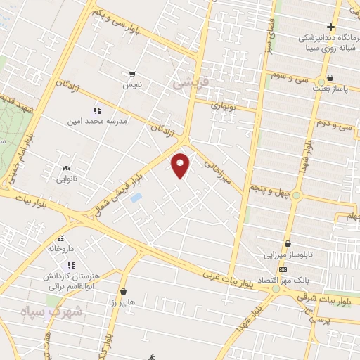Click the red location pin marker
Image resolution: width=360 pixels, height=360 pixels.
pos(181,165)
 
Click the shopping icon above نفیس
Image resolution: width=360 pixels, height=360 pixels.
pos(131,74)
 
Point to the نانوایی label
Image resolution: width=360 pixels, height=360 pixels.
pos(68,178)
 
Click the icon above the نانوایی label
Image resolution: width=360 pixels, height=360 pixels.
pos(67,168)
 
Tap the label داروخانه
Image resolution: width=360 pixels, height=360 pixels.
pos(60,248)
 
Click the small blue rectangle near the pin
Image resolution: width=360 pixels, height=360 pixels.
pos(136,198)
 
